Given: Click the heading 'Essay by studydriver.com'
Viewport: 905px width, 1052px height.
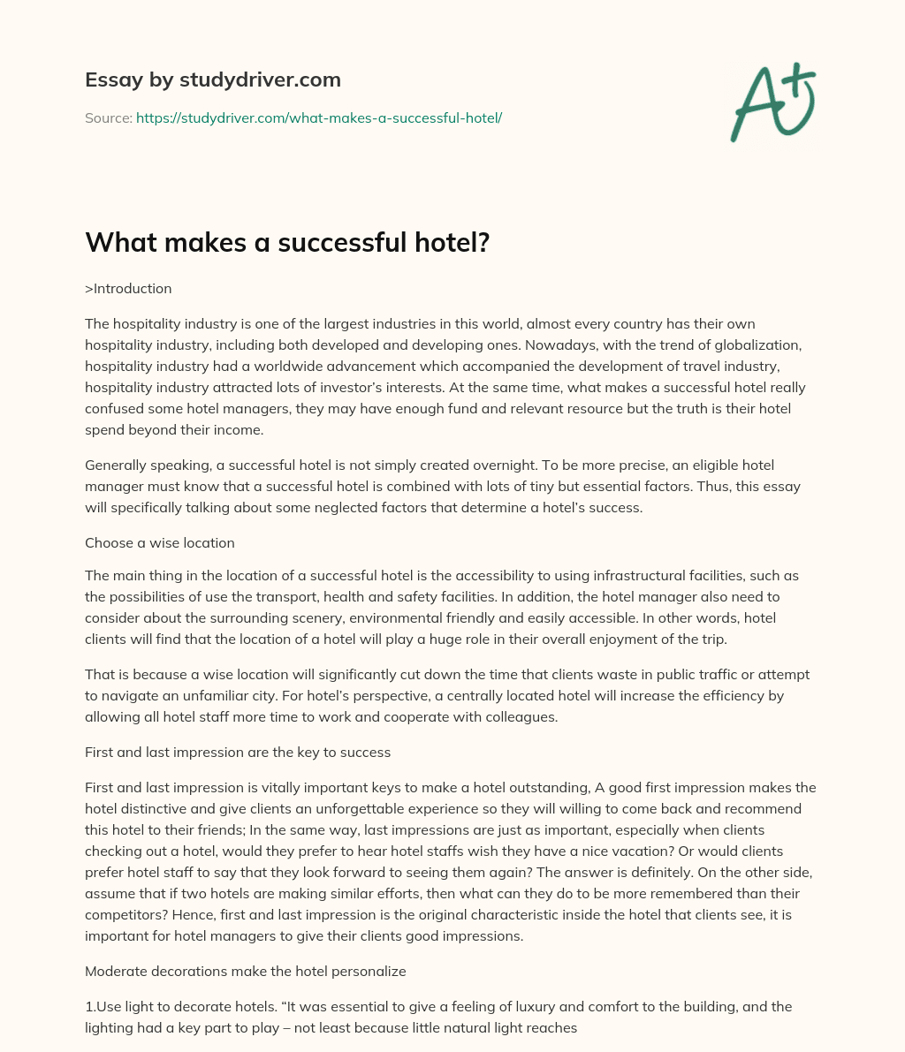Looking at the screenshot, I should point(213,79).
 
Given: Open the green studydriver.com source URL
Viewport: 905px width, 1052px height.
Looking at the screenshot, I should point(319,117).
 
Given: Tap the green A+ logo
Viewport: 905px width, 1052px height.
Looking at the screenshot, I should point(772,102).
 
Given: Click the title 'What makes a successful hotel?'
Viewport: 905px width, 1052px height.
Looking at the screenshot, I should point(287,243).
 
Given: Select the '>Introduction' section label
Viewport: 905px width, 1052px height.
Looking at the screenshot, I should point(128,289).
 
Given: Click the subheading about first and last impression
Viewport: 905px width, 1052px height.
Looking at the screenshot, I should point(238,753).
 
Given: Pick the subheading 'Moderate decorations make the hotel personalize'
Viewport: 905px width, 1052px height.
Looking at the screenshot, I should point(245,971).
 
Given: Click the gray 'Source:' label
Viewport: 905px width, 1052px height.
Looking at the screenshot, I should point(108,117).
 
